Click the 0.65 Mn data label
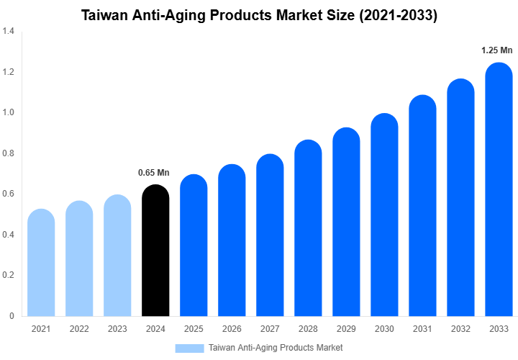(153, 173)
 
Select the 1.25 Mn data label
(496, 50)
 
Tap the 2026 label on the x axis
(232, 329)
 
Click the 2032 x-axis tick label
(460, 329)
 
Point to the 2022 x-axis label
(79, 329)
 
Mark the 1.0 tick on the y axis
(9, 112)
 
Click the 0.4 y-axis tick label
(9, 235)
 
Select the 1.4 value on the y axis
(9, 32)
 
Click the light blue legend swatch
(189, 348)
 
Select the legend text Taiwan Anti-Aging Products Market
(276, 348)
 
